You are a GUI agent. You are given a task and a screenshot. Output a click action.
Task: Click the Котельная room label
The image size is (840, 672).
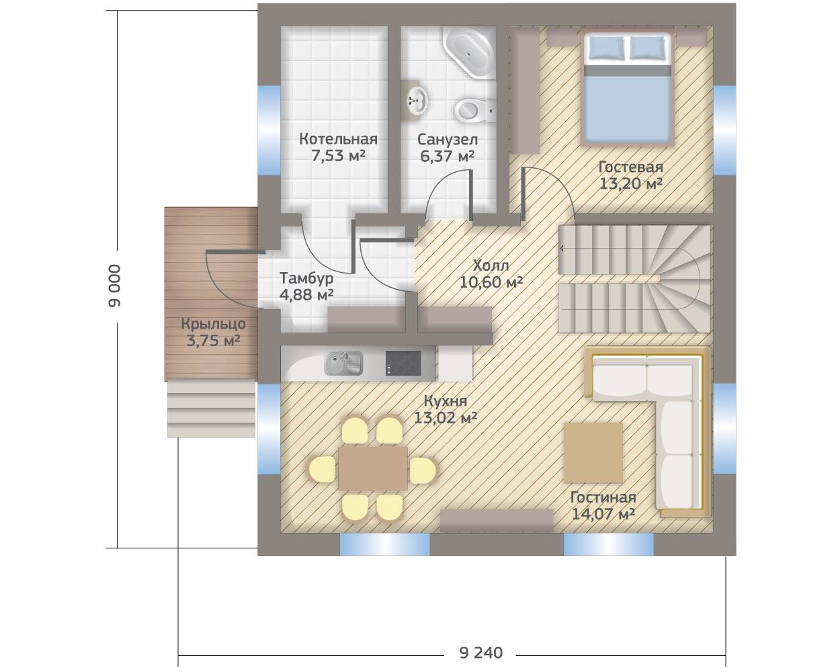(x=338, y=139)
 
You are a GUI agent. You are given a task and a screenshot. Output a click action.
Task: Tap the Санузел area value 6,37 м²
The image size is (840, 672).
(x=448, y=156)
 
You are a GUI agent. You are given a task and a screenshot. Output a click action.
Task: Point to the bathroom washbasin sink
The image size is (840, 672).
(x=417, y=101)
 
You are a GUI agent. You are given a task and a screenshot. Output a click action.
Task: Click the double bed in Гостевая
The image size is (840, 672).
(x=628, y=89)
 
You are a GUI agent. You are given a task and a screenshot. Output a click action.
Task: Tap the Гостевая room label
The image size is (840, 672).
(x=631, y=167)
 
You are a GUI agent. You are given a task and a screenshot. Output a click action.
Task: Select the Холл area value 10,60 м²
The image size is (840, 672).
(x=491, y=282)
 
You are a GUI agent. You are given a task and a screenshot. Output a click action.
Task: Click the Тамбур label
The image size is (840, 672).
(x=307, y=278)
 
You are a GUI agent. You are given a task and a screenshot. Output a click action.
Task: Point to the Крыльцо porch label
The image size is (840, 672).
(x=214, y=324)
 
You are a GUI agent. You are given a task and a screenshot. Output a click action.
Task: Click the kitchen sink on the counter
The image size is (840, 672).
(x=343, y=363)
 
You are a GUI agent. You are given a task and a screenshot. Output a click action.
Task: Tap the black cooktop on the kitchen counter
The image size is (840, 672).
(x=403, y=363)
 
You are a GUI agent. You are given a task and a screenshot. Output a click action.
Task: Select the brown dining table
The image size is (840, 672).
(x=373, y=468)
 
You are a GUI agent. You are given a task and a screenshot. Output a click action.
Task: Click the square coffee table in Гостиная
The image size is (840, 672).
(x=593, y=452)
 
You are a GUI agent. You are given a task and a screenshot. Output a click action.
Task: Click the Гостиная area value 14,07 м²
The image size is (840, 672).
(x=603, y=514)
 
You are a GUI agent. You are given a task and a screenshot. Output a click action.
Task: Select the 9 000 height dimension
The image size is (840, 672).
(x=115, y=286)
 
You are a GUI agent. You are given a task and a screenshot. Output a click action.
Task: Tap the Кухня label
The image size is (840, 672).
(x=446, y=401)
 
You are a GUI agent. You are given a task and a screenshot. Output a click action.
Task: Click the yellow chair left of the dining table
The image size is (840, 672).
(x=322, y=469)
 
